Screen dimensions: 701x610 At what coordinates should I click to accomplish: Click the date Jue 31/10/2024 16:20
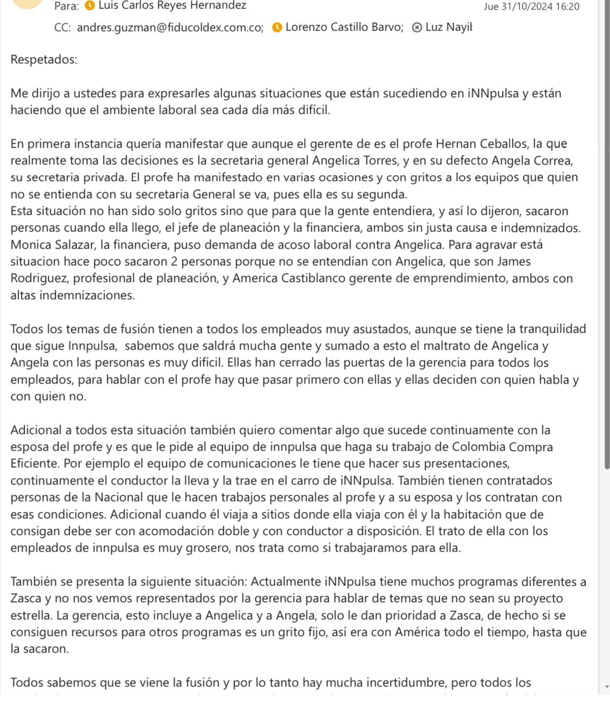(531, 6)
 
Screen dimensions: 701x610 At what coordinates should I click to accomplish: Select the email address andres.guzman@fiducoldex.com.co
(170, 27)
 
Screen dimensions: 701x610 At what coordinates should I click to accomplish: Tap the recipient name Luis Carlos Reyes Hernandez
(172, 6)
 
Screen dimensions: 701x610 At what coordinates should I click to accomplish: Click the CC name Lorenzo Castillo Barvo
(344, 27)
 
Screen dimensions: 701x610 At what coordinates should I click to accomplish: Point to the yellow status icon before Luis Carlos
(90, 6)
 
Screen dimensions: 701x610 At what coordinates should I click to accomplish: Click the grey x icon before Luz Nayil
(417, 27)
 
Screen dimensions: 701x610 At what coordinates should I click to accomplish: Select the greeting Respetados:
(44, 60)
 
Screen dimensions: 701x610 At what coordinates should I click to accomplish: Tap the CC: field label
(62, 27)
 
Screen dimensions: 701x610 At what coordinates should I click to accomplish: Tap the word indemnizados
(542, 228)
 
